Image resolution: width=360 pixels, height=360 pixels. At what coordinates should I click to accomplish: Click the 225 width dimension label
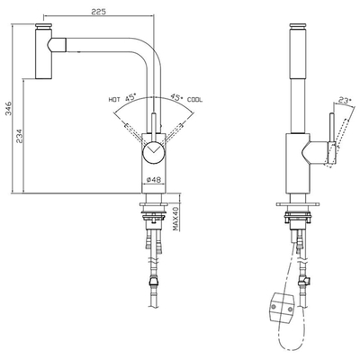click(x=98, y=12)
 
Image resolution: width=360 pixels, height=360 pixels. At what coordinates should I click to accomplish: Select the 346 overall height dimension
click(x=8, y=108)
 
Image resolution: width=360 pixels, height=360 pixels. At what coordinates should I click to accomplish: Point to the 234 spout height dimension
click(x=19, y=136)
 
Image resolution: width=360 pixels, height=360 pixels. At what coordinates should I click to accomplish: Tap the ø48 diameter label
click(x=154, y=180)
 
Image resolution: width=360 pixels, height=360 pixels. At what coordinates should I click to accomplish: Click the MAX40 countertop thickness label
click(x=176, y=219)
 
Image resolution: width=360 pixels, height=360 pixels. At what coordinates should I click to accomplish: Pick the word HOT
click(x=114, y=99)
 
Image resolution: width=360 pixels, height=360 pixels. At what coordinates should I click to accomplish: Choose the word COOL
click(x=195, y=100)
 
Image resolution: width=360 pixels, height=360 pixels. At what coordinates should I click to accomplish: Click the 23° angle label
click(x=345, y=100)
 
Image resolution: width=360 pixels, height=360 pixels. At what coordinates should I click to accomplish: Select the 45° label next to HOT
click(x=130, y=97)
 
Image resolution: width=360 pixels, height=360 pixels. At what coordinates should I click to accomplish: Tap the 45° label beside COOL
click(x=177, y=97)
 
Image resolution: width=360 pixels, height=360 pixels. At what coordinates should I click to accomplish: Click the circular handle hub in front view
click(x=153, y=152)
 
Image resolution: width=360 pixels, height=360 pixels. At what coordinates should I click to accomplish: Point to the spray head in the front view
click(x=44, y=51)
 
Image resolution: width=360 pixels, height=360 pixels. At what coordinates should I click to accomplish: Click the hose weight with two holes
click(x=282, y=309)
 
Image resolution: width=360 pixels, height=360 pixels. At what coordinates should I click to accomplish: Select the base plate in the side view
click(x=297, y=204)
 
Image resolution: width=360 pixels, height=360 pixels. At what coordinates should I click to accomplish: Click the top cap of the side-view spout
click(x=297, y=26)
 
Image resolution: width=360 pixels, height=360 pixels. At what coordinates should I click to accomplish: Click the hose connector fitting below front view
click(x=153, y=282)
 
